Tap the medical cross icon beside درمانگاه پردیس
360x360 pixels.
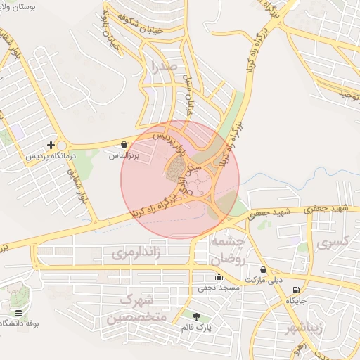coord(51,144)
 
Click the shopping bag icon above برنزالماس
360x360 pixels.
coord(124,144)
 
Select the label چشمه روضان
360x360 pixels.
coord(227,250)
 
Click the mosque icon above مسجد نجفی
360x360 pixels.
coord(220,276)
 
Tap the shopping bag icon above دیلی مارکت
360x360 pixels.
coord(263,269)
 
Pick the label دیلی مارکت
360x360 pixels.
coord(262,280)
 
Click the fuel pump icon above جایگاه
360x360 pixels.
coord(295,290)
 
